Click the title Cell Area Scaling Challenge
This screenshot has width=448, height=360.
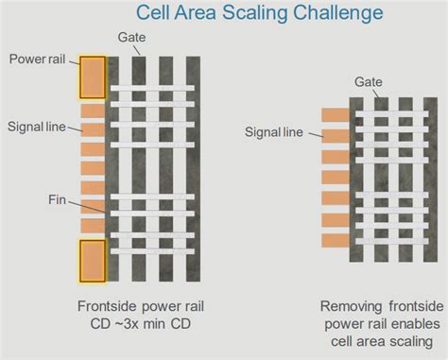click(x=247, y=13)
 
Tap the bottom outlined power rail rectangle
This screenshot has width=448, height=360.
click(x=93, y=262)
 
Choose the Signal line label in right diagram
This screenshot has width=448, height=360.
click(x=274, y=131)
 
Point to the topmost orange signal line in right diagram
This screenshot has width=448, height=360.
click(x=336, y=114)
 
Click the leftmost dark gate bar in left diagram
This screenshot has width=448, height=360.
click(x=113, y=170)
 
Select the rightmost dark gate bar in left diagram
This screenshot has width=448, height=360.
click(x=196, y=170)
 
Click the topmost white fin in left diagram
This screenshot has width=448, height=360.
click(x=153, y=89)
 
